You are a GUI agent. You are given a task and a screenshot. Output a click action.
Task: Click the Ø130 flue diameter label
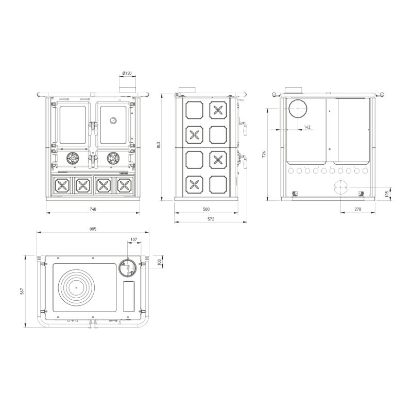pyautogui.click(x=127, y=73)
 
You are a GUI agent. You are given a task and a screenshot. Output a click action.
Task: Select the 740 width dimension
pyautogui.click(x=93, y=209)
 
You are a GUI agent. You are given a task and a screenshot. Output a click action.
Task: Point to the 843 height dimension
pyautogui.click(x=158, y=145)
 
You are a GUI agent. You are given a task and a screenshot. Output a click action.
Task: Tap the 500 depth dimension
pyautogui.click(x=207, y=209)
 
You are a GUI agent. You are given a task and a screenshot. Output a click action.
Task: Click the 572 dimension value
pyautogui.click(x=211, y=219)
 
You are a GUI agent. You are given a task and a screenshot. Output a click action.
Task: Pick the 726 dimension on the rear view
pyautogui.click(x=264, y=154)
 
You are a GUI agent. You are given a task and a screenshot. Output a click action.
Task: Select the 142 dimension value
pyautogui.click(x=307, y=127)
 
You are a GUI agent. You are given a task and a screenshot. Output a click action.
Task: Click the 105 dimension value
pyautogui.click(x=387, y=194)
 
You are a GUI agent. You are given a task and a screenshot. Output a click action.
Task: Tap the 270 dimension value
pyautogui.click(x=357, y=209)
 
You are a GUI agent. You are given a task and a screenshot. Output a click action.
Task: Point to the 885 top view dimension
pyautogui.click(x=93, y=229)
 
